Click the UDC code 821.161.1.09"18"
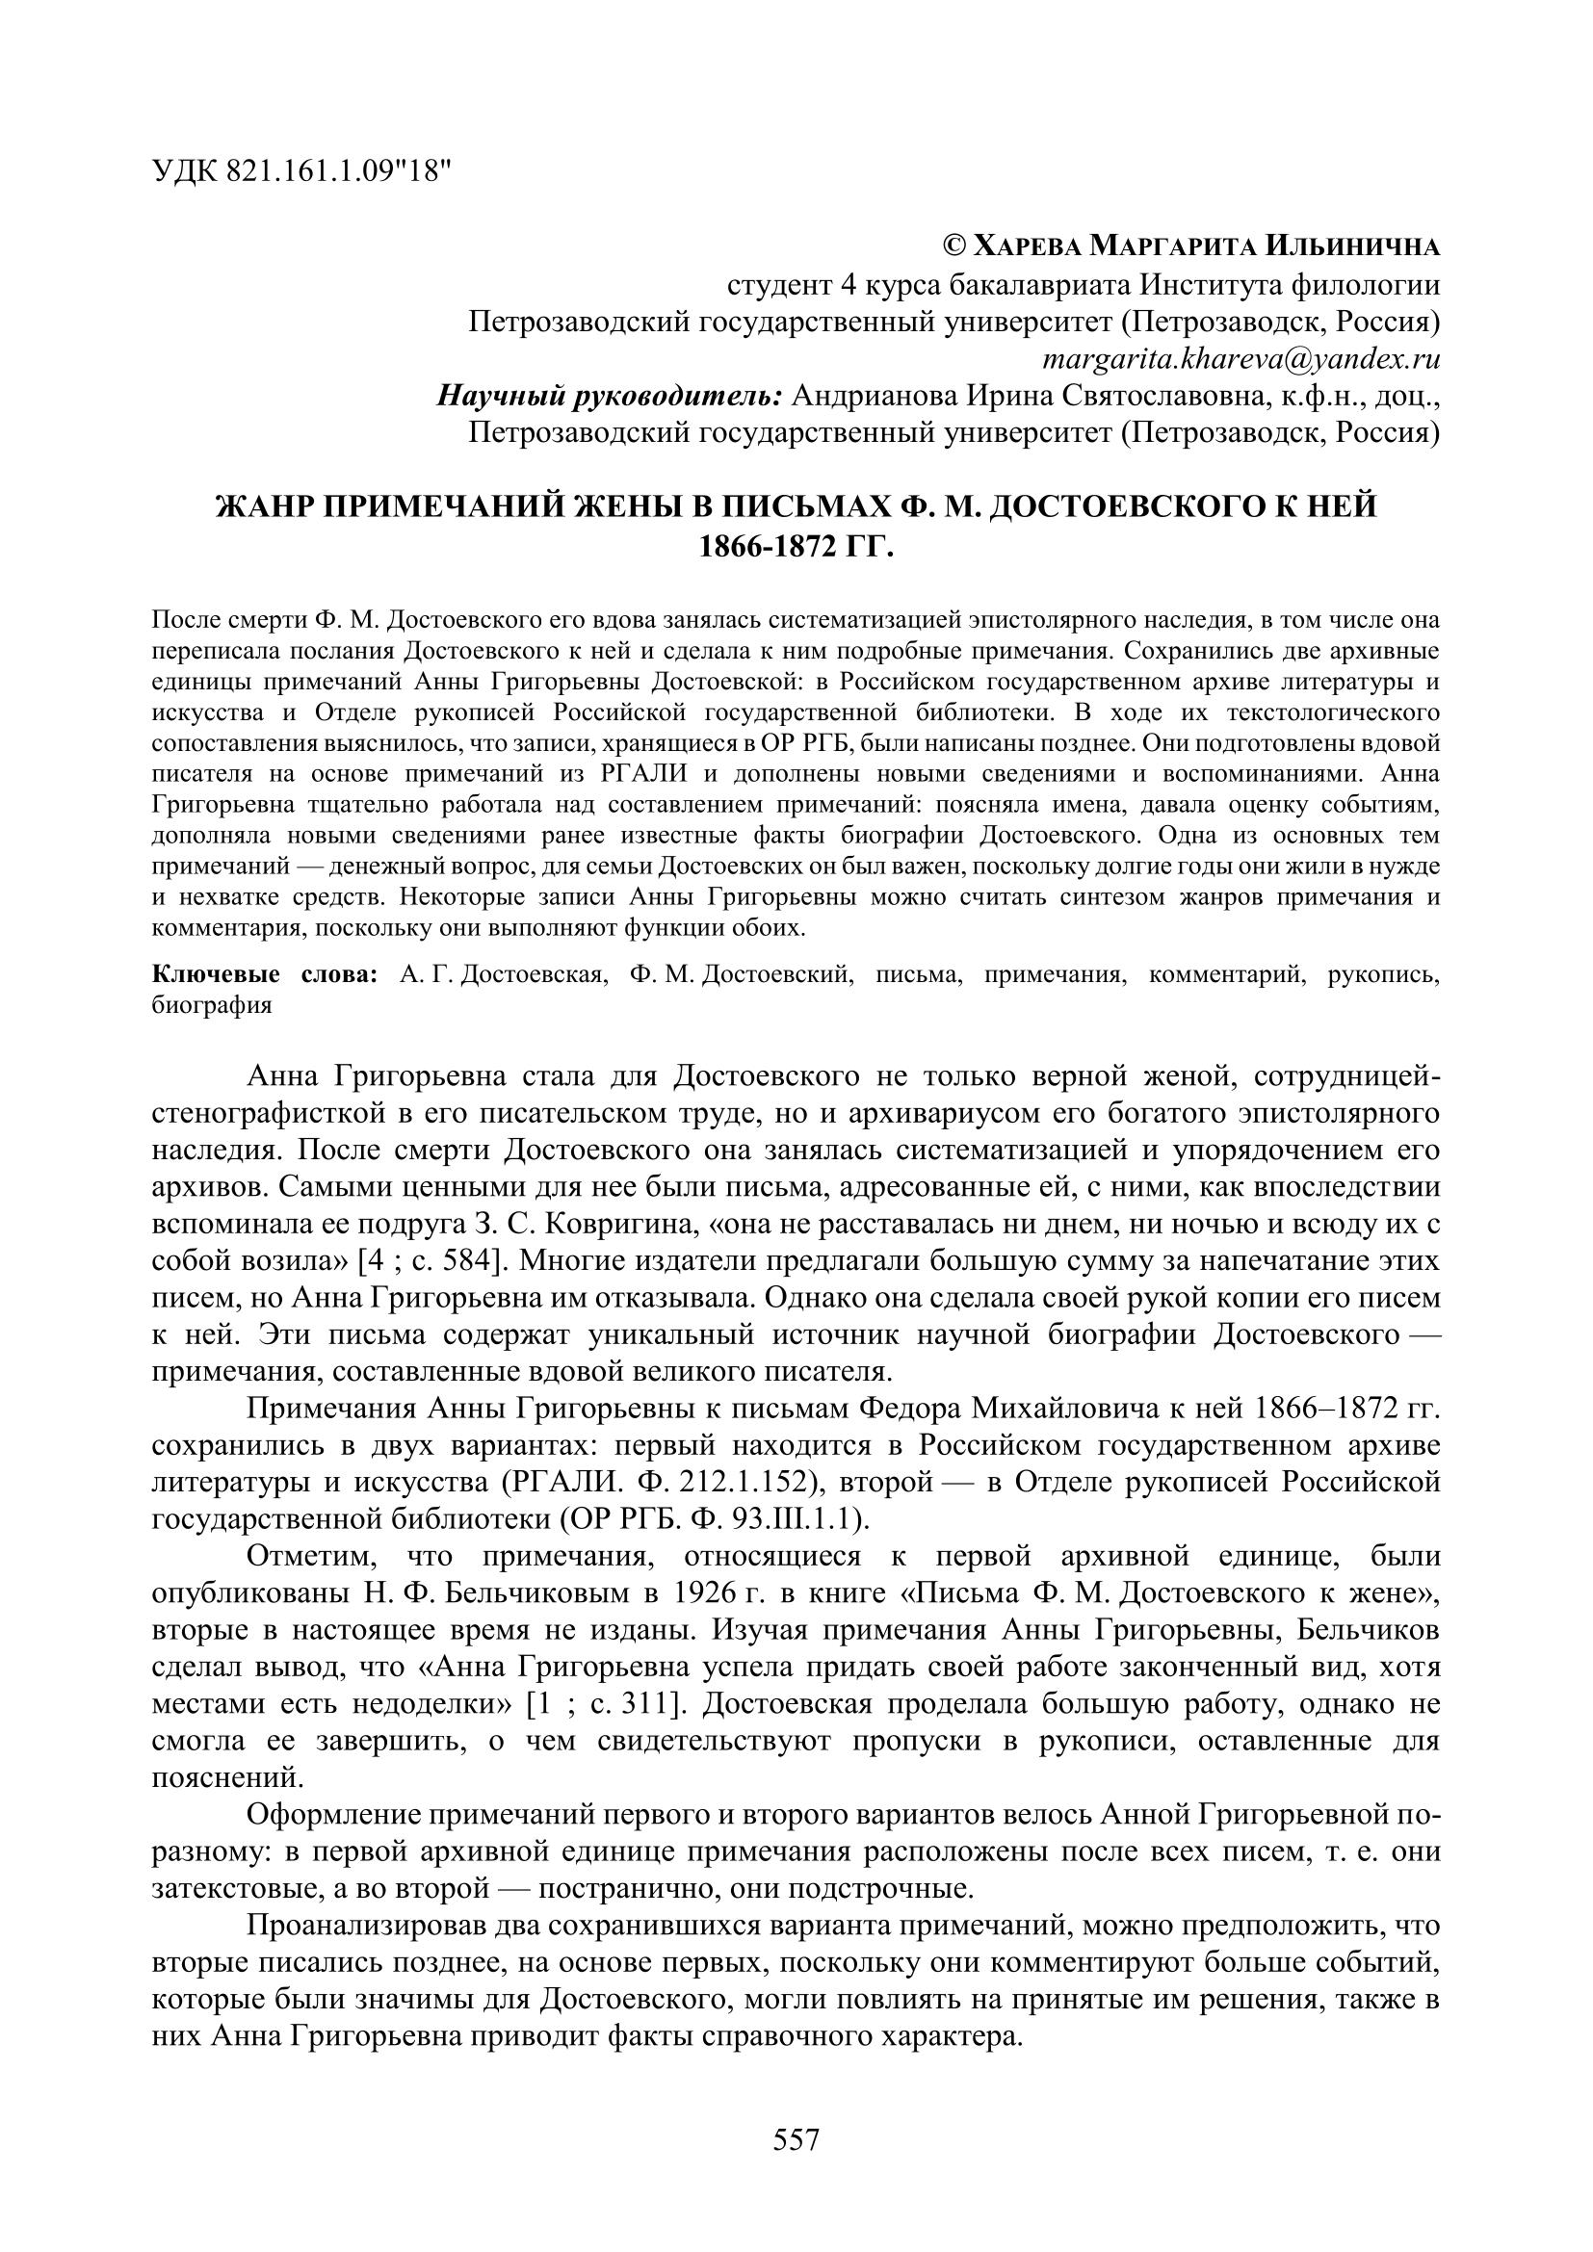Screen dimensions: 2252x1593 339,171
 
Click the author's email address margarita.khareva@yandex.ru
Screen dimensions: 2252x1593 1240,359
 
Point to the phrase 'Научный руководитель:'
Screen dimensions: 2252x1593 608,397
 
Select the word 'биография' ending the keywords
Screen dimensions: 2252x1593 212,1005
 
